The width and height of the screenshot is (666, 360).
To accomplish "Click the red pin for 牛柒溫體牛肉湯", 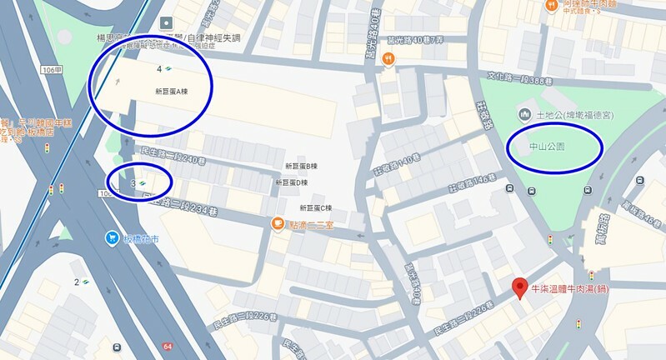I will point(518,287).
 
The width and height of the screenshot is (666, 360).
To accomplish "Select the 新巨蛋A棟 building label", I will point(172,90).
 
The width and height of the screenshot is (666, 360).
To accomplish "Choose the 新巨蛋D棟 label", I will point(291,182).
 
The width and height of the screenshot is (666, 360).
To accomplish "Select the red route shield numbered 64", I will point(168,346).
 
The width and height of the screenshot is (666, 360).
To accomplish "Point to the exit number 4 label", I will point(158,67).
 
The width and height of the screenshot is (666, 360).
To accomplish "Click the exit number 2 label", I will point(76,282).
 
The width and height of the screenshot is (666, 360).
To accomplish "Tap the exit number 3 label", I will point(133,182).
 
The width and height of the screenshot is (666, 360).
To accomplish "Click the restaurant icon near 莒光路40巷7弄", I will point(388,58).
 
